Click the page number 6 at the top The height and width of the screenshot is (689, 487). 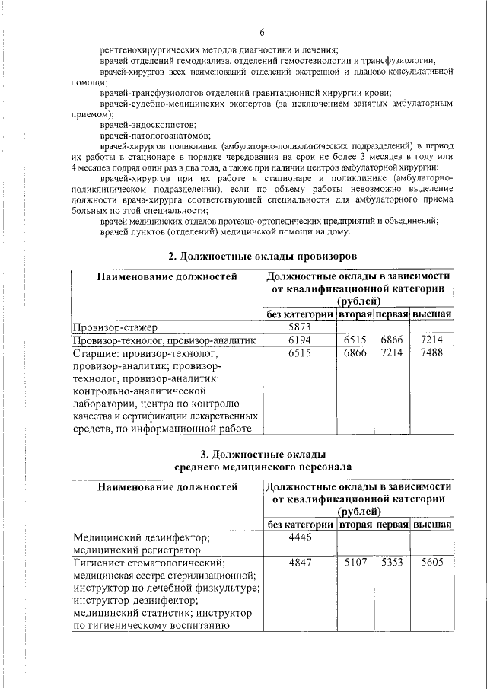coord(261,31)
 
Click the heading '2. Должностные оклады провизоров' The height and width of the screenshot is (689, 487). coord(262,254)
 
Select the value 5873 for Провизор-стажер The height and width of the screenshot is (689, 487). coord(299,327)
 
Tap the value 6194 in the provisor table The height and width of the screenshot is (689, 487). coord(299,340)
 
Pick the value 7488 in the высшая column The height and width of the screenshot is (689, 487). coord(431,353)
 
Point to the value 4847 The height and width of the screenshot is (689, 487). coord(299,563)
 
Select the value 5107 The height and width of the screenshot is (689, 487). coord(355,563)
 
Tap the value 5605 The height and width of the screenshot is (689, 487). coord(431,563)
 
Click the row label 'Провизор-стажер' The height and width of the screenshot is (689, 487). coord(115,327)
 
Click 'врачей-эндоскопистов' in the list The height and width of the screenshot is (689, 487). coord(137,125)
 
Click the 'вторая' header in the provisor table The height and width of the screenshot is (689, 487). coord(355,314)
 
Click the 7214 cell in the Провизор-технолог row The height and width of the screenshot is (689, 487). coord(431,340)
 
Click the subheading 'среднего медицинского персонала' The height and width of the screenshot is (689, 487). coord(262,466)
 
